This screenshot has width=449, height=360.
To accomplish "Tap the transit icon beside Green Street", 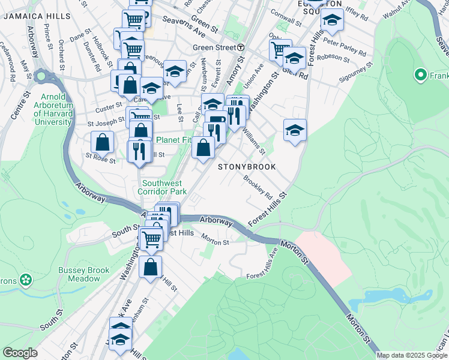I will pos(241,47).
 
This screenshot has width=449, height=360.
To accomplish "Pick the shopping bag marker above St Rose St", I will pos(103,143).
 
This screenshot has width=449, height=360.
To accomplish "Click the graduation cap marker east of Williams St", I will pos(295,130).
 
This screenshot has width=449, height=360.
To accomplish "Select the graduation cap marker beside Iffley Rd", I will pos(331,20).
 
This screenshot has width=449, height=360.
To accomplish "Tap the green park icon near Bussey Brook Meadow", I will pos(26,279).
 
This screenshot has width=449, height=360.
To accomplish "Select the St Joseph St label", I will pos(107,124).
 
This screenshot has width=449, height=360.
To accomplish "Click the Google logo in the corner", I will pos(20,353).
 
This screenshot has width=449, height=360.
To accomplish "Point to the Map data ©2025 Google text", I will pos(412,355).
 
